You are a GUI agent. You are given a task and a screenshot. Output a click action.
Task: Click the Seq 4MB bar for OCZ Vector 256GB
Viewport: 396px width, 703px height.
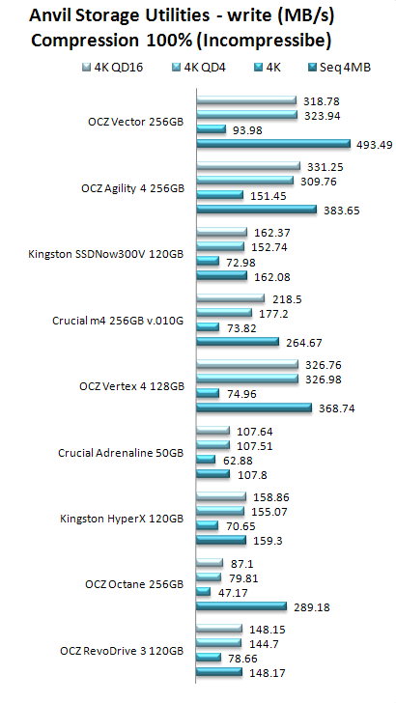pos(273,144)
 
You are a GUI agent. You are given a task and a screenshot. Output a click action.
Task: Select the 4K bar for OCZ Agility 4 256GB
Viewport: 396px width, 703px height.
pos(220,195)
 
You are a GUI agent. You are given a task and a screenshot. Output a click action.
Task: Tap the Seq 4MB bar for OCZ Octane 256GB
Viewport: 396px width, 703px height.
pos(241,606)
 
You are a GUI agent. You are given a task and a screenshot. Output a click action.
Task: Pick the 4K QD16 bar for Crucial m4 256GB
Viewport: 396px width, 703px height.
pos(231,298)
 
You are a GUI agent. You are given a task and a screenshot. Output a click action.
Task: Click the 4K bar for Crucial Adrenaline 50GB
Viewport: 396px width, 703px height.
pos(207,460)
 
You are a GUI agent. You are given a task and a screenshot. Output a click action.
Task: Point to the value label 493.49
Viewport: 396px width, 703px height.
pos(375,145)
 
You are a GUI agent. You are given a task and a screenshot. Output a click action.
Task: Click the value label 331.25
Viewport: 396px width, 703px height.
pos(325,167)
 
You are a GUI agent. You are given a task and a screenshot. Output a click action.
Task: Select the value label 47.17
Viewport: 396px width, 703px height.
pos(233,593)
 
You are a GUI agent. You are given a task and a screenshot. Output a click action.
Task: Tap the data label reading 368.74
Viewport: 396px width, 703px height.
pos(337,408)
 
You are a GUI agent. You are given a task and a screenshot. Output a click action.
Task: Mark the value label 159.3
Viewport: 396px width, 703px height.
pos(268,541)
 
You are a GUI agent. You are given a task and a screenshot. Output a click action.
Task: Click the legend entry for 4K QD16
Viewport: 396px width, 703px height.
pos(113,68)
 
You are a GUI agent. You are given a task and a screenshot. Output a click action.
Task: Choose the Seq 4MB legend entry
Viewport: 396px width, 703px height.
pos(339,68)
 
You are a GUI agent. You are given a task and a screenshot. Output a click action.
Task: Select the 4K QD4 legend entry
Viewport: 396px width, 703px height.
pos(199,68)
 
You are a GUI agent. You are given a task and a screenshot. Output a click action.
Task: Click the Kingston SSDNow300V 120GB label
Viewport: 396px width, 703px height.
pos(106,254)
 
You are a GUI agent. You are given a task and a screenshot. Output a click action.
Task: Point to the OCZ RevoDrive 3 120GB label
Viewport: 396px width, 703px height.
pos(122,651)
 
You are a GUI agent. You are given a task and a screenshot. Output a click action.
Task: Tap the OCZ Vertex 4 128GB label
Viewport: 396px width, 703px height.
pos(132,386)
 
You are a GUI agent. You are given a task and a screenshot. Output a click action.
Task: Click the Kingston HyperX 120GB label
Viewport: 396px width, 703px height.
pos(122,519)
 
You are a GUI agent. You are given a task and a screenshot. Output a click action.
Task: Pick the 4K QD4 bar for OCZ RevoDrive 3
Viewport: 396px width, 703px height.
pos(219,644)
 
